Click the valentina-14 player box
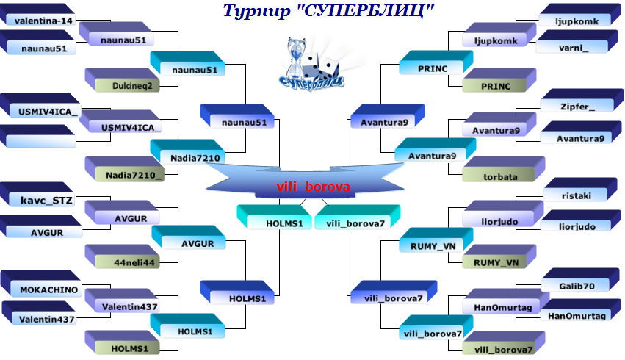click(x=43, y=21)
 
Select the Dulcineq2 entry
click(x=132, y=85)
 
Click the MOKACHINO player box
click(x=48, y=289)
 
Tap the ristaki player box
click(x=576, y=195)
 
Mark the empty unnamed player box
click(x=43, y=139)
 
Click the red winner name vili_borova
click(x=314, y=187)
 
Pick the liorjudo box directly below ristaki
click(x=577, y=226)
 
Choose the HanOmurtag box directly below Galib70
click(x=577, y=315)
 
